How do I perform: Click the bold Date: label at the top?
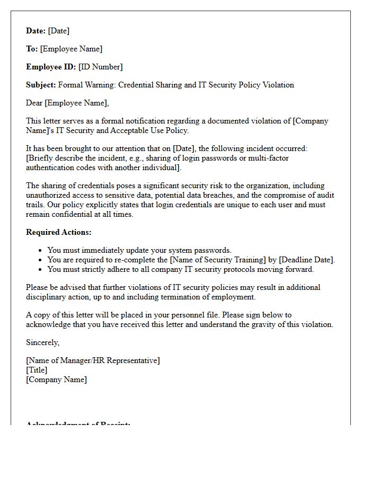point(36,31)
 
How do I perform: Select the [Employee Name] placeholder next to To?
point(71,49)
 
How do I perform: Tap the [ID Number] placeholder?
point(100,67)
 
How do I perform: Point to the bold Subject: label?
point(41,85)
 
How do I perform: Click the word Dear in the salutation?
point(34,103)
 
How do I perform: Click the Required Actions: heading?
point(59,232)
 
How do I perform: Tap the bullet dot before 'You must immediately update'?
point(41,250)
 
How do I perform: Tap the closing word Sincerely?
point(43,342)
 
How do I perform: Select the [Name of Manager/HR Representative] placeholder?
point(93,360)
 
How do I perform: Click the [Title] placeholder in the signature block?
point(37,370)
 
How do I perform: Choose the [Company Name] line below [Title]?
point(56,379)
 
